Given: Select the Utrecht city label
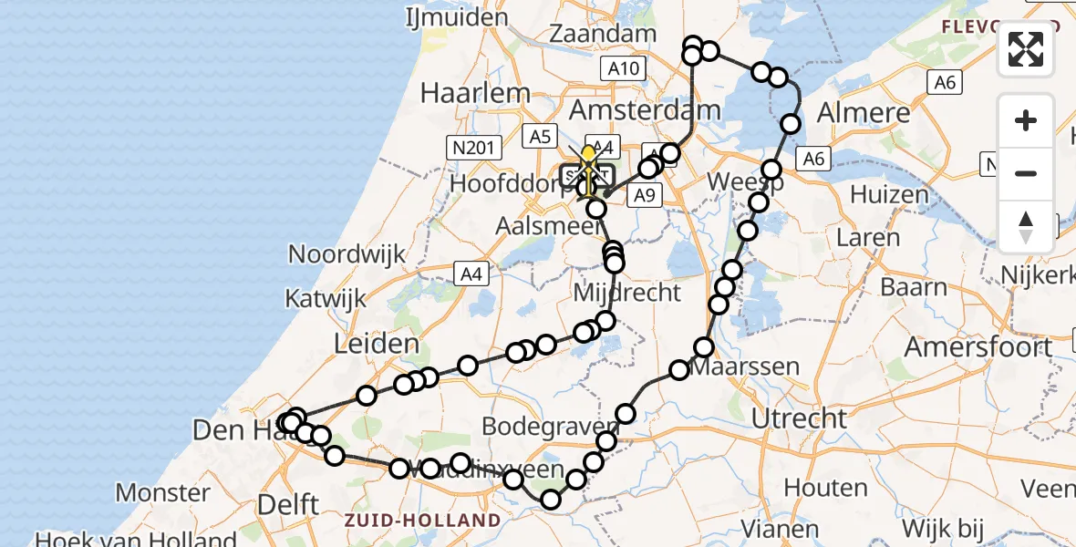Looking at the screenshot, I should pos(800,418).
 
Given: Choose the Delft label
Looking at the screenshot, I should pos(288,504).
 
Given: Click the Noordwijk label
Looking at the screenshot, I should pos(347,254).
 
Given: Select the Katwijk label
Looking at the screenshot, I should pos(326,298).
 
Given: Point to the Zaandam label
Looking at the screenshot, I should pos(604,35).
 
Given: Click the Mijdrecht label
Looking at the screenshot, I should pos(627,293).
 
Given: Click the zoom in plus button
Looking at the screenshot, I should pos(1026,120).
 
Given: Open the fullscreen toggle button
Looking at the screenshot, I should pos(1026,49).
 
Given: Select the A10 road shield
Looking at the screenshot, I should pos(624,67).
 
